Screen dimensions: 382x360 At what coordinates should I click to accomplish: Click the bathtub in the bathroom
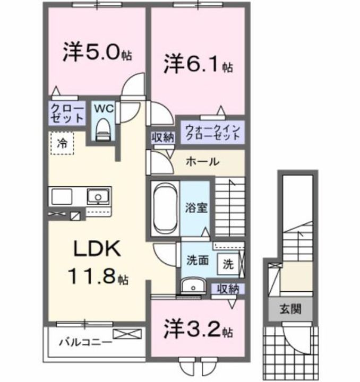(164, 209)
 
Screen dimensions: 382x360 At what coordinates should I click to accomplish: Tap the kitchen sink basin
(98, 196)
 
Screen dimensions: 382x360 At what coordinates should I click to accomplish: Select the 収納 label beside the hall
(162, 136)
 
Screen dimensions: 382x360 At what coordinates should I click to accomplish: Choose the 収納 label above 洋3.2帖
(228, 289)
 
